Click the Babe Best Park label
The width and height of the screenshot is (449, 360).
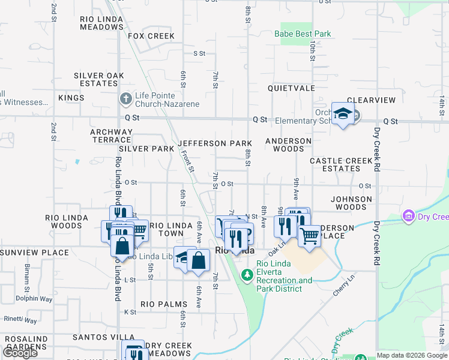pyautogui.click(x=303, y=34)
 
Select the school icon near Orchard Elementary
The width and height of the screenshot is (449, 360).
pyautogui.click(x=342, y=114)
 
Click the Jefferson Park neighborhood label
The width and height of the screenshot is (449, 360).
pyautogui.click(x=214, y=144)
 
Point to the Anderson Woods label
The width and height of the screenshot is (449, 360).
pyautogui.click(x=289, y=145)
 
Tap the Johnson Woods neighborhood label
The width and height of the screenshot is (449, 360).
pyautogui.click(x=352, y=203)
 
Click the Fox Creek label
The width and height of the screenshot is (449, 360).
pyautogui.click(x=151, y=36)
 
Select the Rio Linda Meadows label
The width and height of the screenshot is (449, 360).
pyautogui.click(x=101, y=23)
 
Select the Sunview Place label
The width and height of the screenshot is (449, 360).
pyautogui.click(x=35, y=253)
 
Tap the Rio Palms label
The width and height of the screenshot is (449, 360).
pyautogui.click(x=164, y=304)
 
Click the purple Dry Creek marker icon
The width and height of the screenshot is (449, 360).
pyautogui.click(x=409, y=215)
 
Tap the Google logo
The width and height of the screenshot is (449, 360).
pyautogui.click(x=20, y=353)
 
